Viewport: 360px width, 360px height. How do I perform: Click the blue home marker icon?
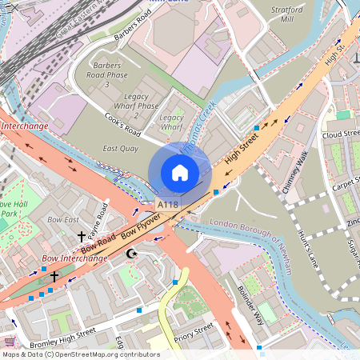tap(180, 172)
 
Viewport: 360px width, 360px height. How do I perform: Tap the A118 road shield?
tap(167, 206)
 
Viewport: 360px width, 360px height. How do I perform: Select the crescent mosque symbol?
tap(132, 254)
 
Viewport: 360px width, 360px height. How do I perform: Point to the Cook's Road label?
tap(122, 124)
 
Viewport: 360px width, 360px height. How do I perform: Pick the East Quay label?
tap(121, 149)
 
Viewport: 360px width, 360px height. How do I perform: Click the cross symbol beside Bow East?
tap(81, 237)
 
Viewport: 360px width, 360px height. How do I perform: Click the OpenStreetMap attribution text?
tap(80, 354)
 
